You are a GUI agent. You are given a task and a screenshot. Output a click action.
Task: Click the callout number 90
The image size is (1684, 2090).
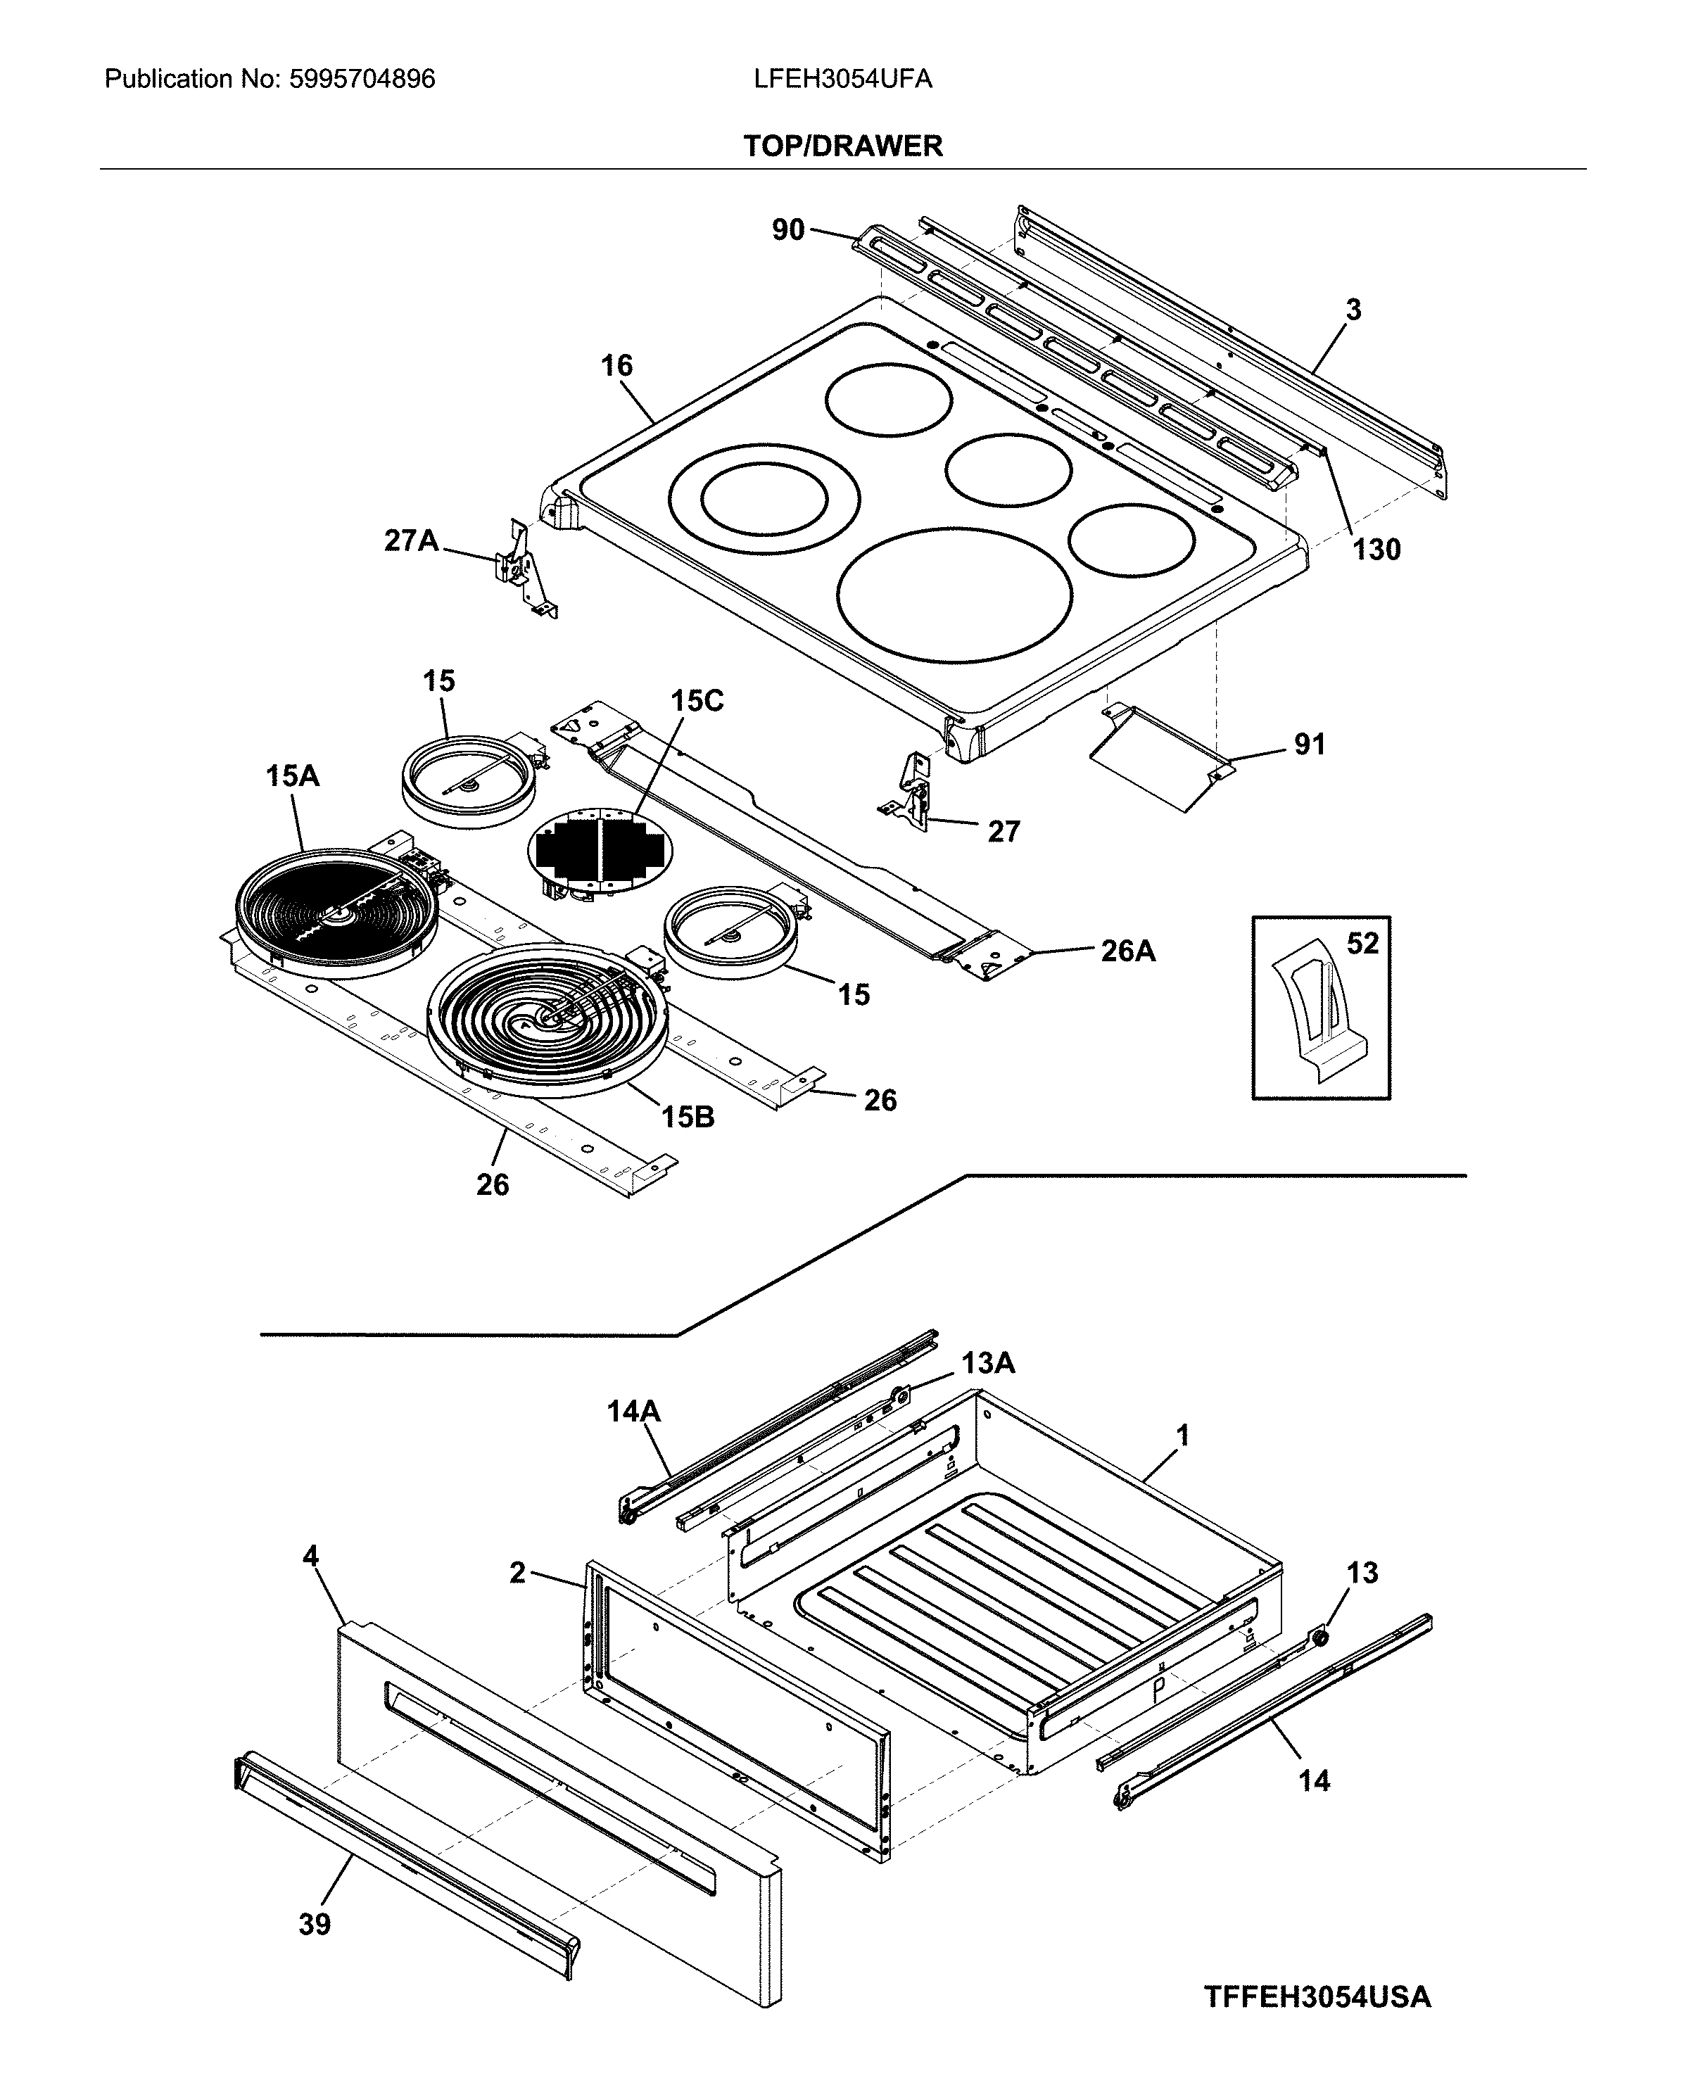coord(787,230)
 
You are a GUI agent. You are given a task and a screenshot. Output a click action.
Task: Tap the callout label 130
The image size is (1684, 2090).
coord(1376,549)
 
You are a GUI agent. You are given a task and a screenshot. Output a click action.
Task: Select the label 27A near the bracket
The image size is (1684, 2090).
coord(411,540)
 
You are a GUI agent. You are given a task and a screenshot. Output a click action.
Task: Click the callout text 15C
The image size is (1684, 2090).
coord(697,700)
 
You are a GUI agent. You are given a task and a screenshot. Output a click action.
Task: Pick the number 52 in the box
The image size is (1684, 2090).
coord(1362,943)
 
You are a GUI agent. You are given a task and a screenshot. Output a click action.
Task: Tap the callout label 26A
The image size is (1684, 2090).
coord(1127,951)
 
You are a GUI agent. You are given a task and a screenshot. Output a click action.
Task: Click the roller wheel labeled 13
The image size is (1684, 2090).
coord(1319,1637)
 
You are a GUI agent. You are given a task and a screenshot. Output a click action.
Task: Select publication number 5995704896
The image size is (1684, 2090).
coord(362,80)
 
